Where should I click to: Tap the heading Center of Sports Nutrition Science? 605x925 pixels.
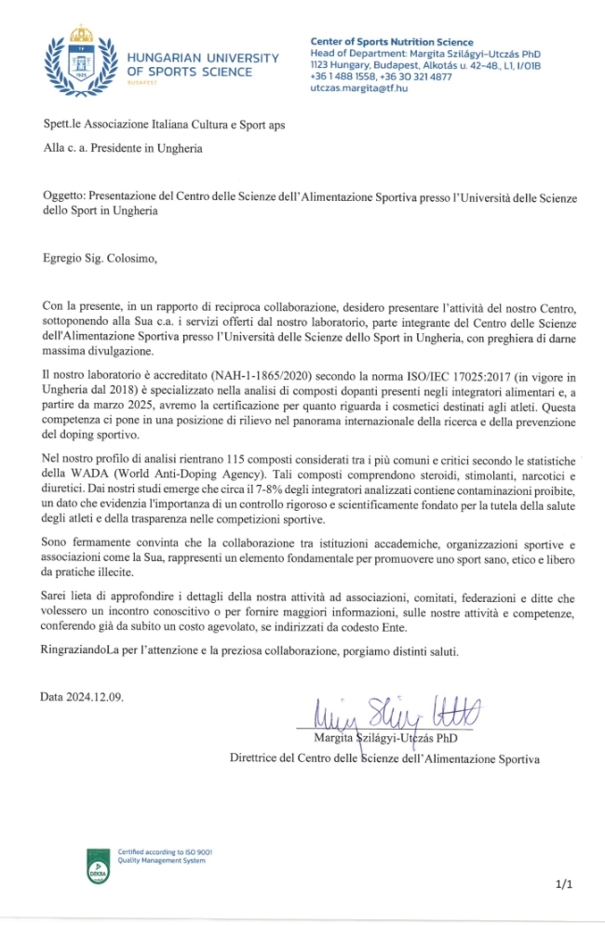[x=391, y=42]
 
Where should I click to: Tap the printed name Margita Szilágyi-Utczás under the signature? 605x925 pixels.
[x=390, y=738]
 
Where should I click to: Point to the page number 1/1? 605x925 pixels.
[x=564, y=887]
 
